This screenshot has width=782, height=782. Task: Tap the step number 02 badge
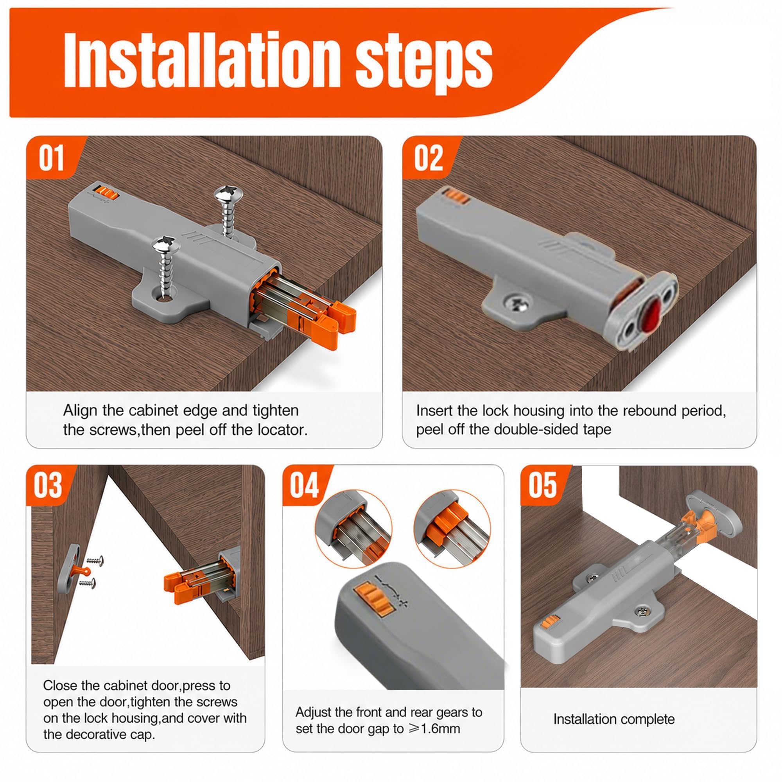click(429, 158)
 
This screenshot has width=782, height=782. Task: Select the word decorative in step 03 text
click(96, 745)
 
